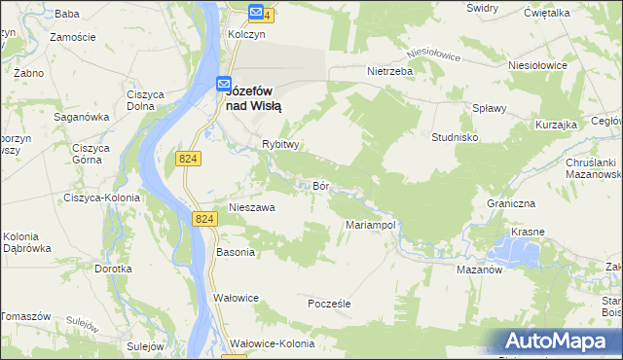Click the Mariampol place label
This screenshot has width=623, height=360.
[369, 225]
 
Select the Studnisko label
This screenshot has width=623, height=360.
[455, 137]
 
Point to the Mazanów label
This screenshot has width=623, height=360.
[478, 270]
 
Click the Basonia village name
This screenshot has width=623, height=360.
[235, 252]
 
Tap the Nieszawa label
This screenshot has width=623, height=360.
[252, 207]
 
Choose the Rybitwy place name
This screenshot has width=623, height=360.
[278, 144]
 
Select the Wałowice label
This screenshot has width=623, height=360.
[235, 298]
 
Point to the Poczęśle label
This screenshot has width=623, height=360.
[328, 304]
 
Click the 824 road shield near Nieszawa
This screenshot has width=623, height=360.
[203, 220]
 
